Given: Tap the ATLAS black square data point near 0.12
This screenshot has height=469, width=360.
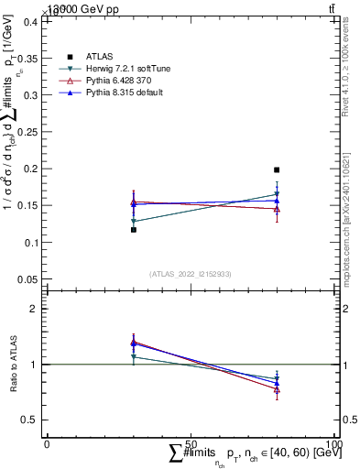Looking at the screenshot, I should (x=134, y=230).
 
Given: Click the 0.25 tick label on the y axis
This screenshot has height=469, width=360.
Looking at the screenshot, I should (x=28, y=132).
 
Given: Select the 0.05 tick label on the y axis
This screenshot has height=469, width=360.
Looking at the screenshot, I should (x=28, y=278).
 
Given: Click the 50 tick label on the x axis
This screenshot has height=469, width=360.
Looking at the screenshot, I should (x=191, y=442).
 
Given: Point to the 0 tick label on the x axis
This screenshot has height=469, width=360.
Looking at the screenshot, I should (x=47, y=442).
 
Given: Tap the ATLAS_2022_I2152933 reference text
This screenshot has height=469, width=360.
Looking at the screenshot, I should (x=190, y=273).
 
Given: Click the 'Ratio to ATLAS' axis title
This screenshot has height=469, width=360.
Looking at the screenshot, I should (x=11, y=364).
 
